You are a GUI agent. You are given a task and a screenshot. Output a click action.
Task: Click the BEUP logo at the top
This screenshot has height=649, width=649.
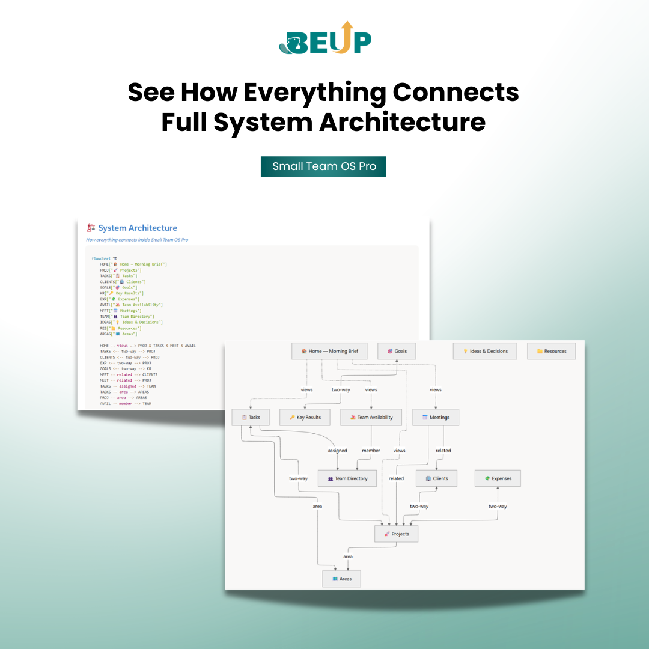[x=325, y=38]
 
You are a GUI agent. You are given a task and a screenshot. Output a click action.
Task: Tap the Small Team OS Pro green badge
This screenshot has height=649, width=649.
[x=323, y=166]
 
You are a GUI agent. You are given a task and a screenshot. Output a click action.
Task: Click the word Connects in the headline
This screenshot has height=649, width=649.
[x=456, y=93]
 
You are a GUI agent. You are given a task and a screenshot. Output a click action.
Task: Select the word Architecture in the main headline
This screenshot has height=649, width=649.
[x=402, y=122]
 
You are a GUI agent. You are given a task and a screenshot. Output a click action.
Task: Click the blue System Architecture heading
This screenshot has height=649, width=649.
[x=138, y=228]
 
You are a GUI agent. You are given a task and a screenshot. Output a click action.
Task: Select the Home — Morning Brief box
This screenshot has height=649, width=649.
[x=329, y=351]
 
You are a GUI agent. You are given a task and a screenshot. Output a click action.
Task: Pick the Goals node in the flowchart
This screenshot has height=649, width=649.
[x=397, y=351]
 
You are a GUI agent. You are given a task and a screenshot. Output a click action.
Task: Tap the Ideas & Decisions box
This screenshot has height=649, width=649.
[x=485, y=351]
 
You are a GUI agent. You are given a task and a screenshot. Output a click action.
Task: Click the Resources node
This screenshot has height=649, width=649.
[x=552, y=351]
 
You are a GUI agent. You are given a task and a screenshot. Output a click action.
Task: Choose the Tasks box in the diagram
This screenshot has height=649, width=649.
[x=251, y=417]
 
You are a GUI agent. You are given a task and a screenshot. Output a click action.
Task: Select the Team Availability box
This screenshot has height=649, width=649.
[x=371, y=417]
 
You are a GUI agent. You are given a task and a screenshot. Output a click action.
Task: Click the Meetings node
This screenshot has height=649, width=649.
[x=436, y=417]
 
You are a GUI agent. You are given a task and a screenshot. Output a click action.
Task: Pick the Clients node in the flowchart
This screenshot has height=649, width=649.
[x=437, y=478]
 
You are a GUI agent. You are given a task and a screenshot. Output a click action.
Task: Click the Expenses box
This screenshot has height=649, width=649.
[x=498, y=478]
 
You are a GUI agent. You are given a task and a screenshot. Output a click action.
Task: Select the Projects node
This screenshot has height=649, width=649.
[x=396, y=534]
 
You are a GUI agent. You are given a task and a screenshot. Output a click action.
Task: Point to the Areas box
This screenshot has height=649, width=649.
[x=341, y=579]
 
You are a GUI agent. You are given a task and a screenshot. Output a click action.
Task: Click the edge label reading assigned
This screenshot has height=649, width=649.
[x=337, y=451]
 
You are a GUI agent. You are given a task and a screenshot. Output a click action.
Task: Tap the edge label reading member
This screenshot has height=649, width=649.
[x=371, y=451]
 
